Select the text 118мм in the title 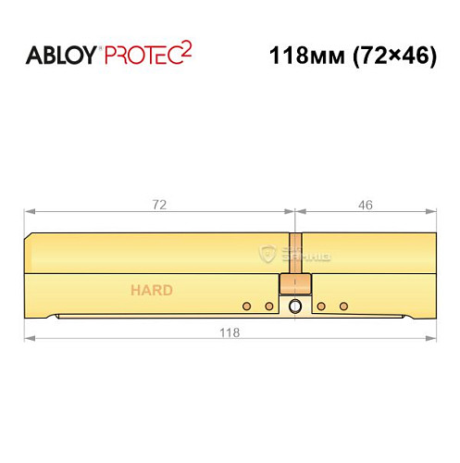[x=303, y=55]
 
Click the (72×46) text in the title [x=389, y=55]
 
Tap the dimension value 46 [x=365, y=206]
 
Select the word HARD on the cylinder [x=150, y=290]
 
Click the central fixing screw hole [x=294, y=307]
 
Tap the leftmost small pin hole [x=246, y=306]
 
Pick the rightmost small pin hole [x=343, y=306]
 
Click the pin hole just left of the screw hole [x=268, y=306]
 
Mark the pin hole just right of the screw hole [x=321, y=306]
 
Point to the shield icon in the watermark [x=269, y=251]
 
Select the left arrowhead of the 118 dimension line [x=29, y=342]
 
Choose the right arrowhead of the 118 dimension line [x=432, y=342]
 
